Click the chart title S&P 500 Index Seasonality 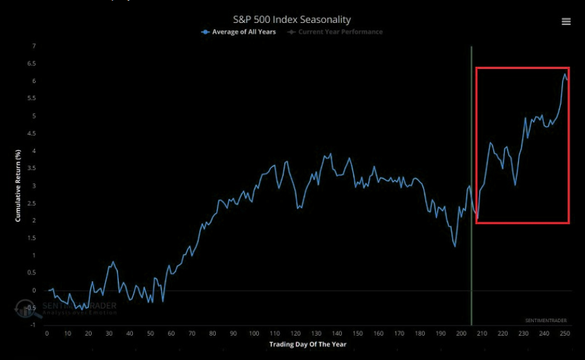click(292, 20)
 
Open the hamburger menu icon click(566, 22)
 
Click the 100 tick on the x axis click(254, 334)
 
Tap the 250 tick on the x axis click(565, 334)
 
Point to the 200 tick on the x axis click(461, 334)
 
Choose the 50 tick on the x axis click(150, 334)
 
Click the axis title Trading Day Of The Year click(307, 345)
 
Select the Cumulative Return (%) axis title click(18, 186)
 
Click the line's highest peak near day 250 click(565, 74)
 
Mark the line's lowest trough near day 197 click(455, 247)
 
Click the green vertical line click(471, 202)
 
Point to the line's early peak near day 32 click(113, 262)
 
